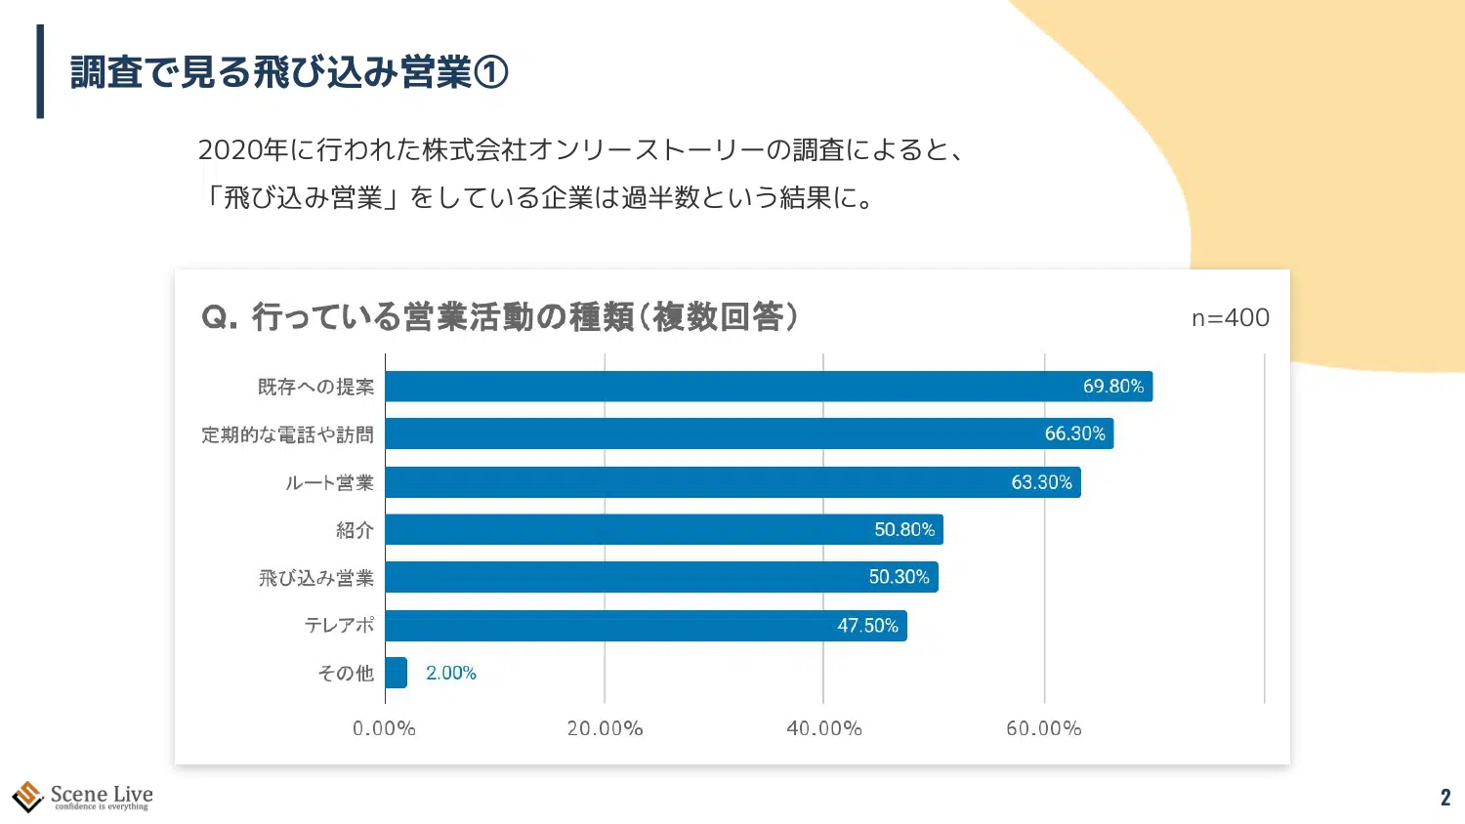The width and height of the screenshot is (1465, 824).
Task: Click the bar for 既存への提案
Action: click(769, 387)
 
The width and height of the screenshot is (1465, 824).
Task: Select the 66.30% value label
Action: click(1074, 433)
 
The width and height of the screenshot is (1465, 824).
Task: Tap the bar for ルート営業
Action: click(732, 482)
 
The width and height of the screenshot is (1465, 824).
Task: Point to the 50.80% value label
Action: click(904, 529)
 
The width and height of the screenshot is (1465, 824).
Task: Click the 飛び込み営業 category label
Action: click(315, 578)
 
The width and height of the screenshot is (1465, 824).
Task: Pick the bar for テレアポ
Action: click(646, 626)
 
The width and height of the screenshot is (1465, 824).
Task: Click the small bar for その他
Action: click(396, 673)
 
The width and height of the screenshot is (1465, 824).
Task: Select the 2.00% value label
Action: click(451, 673)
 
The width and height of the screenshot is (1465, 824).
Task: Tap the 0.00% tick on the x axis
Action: click(384, 728)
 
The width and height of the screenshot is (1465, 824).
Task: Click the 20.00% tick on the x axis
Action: click(605, 728)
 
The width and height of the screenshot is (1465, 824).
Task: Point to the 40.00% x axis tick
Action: click(823, 728)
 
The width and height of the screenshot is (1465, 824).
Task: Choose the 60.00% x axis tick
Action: click(1043, 728)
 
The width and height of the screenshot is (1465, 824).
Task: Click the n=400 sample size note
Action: click(1230, 317)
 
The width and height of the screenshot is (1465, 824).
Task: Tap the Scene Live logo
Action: click(82, 797)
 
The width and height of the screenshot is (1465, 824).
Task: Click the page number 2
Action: click(1445, 797)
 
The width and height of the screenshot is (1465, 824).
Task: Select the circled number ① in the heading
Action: click(490, 72)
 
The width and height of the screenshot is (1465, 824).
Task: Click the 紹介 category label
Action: click(355, 530)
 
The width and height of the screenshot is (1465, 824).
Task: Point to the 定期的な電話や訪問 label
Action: click(287, 434)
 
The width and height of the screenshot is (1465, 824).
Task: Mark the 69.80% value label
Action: click(1112, 387)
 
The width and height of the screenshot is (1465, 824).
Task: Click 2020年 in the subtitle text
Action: click(242, 149)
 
